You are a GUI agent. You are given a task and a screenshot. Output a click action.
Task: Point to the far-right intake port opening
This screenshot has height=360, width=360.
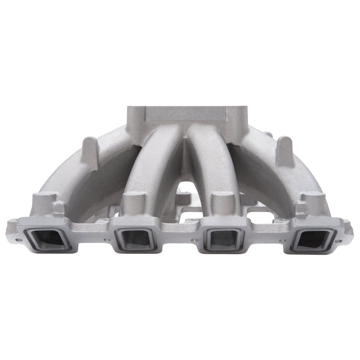tap(313, 240)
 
